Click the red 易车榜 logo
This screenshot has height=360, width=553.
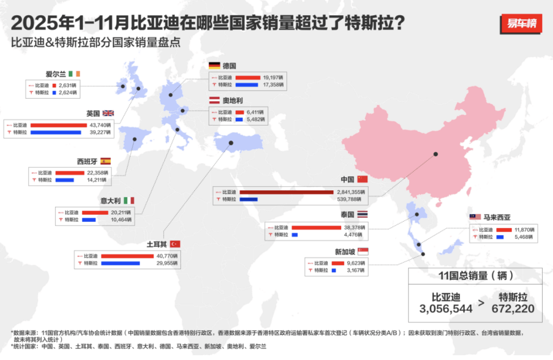point(521,23)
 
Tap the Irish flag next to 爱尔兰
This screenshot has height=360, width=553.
point(74,74)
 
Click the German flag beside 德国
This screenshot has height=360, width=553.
point(214,66)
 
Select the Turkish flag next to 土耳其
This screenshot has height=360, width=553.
point(175,244)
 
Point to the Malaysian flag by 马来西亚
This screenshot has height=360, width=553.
point(475,217)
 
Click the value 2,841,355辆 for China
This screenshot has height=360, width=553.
point(351,192)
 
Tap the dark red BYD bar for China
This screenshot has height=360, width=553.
point(286,192)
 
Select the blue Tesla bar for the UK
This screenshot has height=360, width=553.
point(56,132)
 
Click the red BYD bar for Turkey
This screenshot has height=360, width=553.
point(127,256)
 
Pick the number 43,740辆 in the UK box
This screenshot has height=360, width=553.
point(99,125)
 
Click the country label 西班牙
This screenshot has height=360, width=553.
point(87,161)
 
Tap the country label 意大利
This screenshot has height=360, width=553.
point(110,200)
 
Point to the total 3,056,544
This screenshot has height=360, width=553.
point(446,309)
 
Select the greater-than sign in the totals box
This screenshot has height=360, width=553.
point(481,303)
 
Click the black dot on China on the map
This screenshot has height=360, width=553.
point(435,154)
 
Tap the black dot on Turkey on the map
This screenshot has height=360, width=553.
point(231,143)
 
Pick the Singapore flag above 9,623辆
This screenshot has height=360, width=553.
point(363,251)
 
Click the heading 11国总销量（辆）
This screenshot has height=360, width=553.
point(476,275)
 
